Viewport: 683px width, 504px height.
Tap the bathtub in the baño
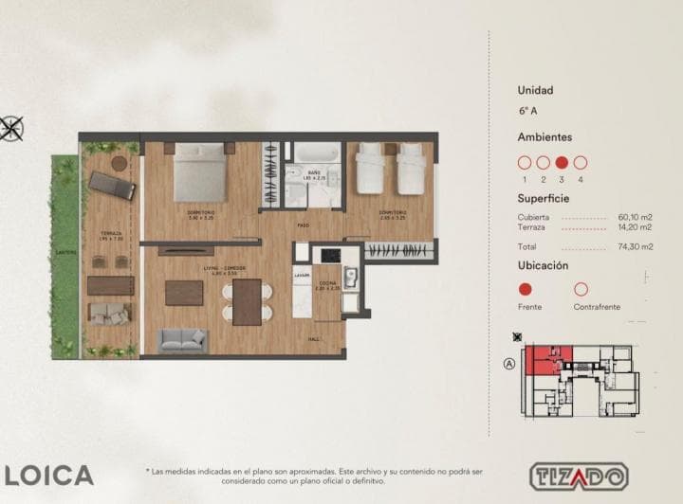309,154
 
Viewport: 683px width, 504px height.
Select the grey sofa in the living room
182,339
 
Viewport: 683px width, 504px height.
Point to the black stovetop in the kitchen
330,255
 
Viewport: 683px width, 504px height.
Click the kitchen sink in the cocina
350,277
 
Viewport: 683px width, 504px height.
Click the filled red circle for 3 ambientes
562,162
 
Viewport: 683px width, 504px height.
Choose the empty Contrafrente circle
581,289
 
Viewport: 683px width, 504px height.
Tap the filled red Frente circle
525,289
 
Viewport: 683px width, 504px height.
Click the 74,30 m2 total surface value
635,246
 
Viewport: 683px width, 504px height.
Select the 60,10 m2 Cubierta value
635,217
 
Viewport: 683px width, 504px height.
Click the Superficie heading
543,199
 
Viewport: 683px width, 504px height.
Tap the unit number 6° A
527,111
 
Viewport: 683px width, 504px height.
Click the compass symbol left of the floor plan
10,126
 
